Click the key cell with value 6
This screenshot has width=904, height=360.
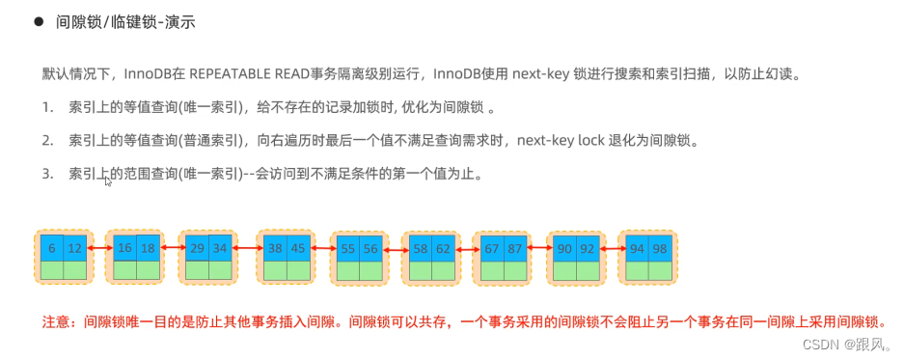click(51, 248)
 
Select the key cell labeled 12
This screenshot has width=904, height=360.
click(74, 248)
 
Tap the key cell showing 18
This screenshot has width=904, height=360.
click(148, 248)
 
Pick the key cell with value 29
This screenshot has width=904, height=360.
click(196, 248)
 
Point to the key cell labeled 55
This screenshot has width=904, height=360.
click(347, 248)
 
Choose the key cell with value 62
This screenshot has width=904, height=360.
click(443, 248)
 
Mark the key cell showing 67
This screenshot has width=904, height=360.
click(491, 248)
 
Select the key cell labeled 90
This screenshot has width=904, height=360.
click(564, 248)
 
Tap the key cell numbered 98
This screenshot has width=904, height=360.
click(659, 248)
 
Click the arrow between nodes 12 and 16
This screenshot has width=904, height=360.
click(99, 249)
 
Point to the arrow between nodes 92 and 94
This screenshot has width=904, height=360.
click(611, 249)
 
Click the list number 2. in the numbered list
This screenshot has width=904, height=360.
click(47, 141)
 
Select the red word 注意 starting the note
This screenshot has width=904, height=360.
click(58, 322)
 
